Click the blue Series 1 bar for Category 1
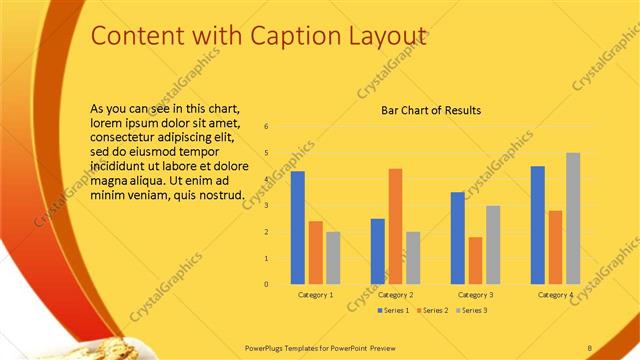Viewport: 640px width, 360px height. point(297,228)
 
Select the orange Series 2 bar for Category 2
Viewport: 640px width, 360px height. point(395,226)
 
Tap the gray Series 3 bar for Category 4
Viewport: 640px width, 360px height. point(573,218)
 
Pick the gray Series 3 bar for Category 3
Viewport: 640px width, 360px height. point(493,244)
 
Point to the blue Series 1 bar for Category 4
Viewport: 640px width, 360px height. point(538,225)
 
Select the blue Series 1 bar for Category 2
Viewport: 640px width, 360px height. point(377,251)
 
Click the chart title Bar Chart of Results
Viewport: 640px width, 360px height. point(432,110)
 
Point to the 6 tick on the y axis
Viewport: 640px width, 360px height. point(267,127)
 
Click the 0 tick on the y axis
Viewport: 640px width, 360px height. point(267,284)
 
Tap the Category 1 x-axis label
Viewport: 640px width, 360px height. point(315,295)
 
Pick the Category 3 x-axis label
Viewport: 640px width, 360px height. point(475,295)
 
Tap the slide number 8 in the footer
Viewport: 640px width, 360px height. point(590,346)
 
